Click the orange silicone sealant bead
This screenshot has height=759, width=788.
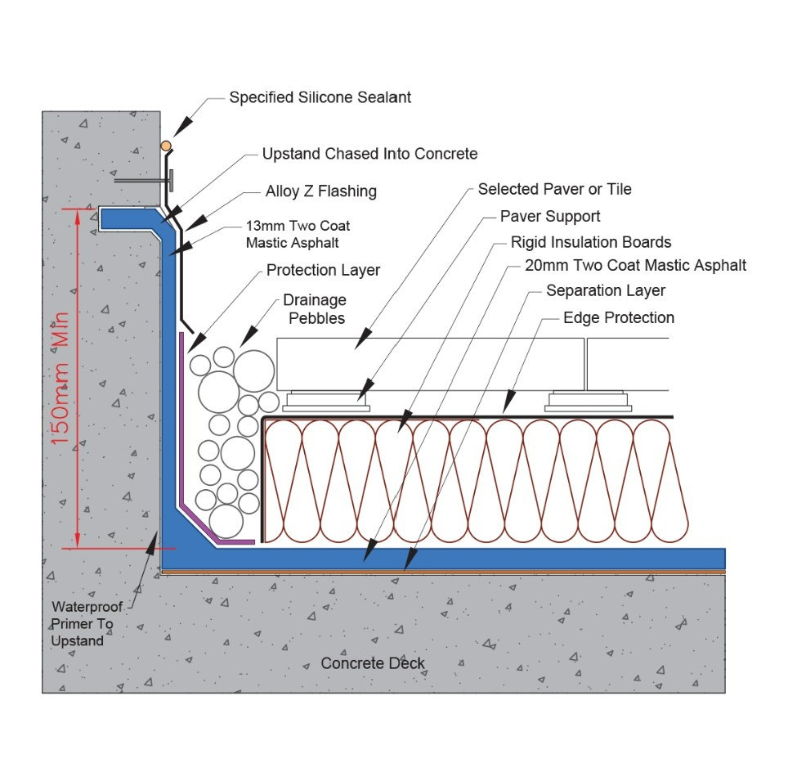tap(166, 146)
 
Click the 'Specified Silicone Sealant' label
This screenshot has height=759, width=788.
tap(320, 97)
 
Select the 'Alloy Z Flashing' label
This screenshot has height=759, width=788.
tap(320, 191)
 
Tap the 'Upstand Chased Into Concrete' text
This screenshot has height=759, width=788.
tap(369, 154)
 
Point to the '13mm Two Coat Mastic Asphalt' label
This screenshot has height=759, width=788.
tap(298, 234)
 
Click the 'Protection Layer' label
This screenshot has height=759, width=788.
tap(323, 270)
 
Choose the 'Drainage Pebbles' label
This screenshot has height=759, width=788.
tap(315, 309)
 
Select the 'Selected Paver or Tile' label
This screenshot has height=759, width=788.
tap(554, 189)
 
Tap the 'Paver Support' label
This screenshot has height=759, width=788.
tap(550, 216)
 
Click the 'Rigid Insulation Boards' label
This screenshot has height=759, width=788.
tap(591, 242)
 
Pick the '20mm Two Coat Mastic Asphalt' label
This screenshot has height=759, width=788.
tap(635, 265)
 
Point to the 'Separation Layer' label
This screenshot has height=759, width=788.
tap(606, 290)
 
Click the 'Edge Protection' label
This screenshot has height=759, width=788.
tap(619, 317)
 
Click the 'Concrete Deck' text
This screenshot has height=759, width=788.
tap(373, 662)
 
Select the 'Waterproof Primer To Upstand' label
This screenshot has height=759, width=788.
tap(83, 624)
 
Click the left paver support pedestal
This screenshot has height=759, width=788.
tap(325, 402)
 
